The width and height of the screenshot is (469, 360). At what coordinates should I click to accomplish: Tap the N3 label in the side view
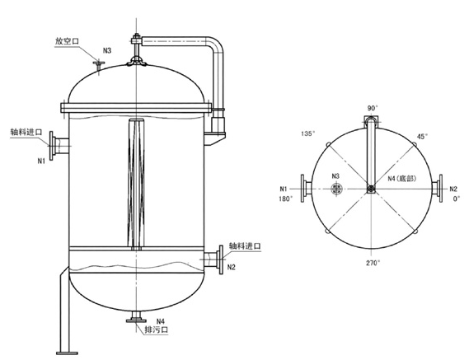click(106, 51)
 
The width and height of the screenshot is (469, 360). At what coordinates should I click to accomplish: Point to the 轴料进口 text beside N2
click(243, 246)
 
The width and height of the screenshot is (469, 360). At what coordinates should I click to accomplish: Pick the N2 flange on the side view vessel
click(220, 261)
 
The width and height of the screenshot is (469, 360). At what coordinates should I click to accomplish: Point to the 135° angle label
click(308, 131)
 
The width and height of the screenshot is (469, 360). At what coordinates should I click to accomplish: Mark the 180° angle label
click(285, 199)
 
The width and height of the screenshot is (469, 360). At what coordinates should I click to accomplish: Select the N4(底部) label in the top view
click(403, 179)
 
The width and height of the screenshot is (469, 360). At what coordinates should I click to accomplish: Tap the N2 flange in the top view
click(439, 189)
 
